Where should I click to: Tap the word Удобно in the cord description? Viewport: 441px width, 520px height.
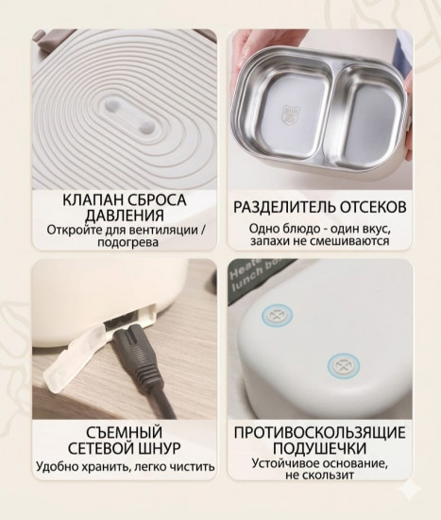[58, 466]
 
